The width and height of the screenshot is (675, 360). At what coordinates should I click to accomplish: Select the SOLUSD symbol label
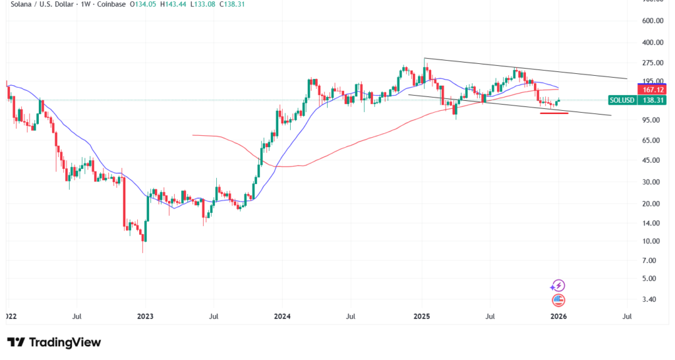coord(622,100)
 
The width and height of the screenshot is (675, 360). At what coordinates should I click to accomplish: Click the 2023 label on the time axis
coord(145,316)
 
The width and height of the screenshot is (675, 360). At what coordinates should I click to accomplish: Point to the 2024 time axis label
coord(283,316)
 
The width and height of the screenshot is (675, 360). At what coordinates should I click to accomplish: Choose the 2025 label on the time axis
coord(421,316)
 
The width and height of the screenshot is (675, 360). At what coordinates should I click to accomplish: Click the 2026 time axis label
coord(558,316)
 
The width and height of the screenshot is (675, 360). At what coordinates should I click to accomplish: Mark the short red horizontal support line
coord(554,113)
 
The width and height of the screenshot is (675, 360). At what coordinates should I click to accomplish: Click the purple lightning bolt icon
coord(558,285)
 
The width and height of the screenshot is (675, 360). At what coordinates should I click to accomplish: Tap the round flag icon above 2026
coord(558,300)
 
